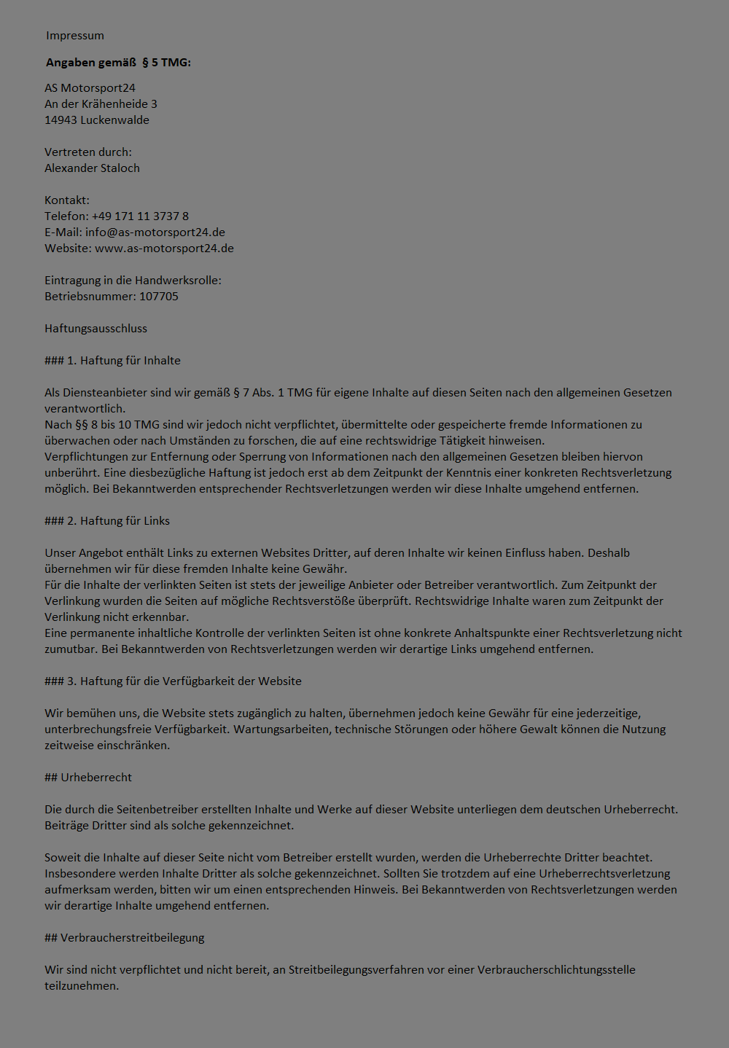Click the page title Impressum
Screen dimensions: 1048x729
click(x=74, y=36)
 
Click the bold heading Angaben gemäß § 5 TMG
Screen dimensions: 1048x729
click(x=118, y=63)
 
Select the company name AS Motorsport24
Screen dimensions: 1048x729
click(x=90, y=88)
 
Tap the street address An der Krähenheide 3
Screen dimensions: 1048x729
click(x=101, y=104)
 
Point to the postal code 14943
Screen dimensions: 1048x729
click(x=61, y=120)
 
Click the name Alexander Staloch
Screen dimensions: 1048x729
click(x=92, y=168)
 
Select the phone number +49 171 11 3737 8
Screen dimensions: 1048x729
click(x=140, y=216)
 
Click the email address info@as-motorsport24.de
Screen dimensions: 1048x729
click(x=155, y=232)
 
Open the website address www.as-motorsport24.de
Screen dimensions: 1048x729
click(x=164, y=249)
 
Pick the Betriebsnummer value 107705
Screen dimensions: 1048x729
click(x=159, y=297)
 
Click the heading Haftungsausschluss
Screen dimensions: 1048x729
click(x=95, y=329)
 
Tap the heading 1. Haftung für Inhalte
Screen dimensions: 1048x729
click(x=112, y=361)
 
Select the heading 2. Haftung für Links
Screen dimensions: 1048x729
click(x=107, y=521)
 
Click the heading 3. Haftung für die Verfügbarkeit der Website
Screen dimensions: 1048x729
click(x=173, y=681)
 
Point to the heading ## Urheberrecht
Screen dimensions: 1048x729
click(x=88, y=778)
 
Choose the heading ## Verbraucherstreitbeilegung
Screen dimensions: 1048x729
click(x=124, y=938)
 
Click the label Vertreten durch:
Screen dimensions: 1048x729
click(x=88, y=152)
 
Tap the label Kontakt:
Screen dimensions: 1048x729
click(x=67, y=200)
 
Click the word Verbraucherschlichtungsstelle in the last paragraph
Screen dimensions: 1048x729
click(x=556, y=970)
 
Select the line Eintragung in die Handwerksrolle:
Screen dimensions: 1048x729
click(x=133, y=281)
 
